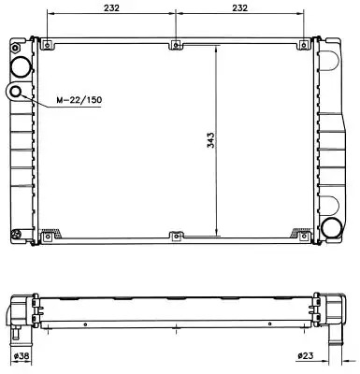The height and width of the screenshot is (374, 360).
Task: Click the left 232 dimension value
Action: click(x=111, y=8)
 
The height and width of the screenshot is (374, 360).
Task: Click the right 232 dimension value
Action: click(x=239, y=8)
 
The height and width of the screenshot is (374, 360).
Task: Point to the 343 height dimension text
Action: click(x=211, y=140)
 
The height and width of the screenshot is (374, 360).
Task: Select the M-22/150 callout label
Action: click(x=79, y=100)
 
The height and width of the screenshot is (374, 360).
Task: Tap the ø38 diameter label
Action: click(x=22, y=355)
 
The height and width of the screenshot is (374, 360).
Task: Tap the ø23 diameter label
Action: click(x=306, y=355)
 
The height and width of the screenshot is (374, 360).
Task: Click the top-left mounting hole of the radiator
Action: click(x=47, y=45)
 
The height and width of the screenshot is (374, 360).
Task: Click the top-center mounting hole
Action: click(x=176, y=45)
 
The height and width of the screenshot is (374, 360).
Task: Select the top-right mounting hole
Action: click(x=304, y=45)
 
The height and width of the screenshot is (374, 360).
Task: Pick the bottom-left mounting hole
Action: click(x=48, y=237)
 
